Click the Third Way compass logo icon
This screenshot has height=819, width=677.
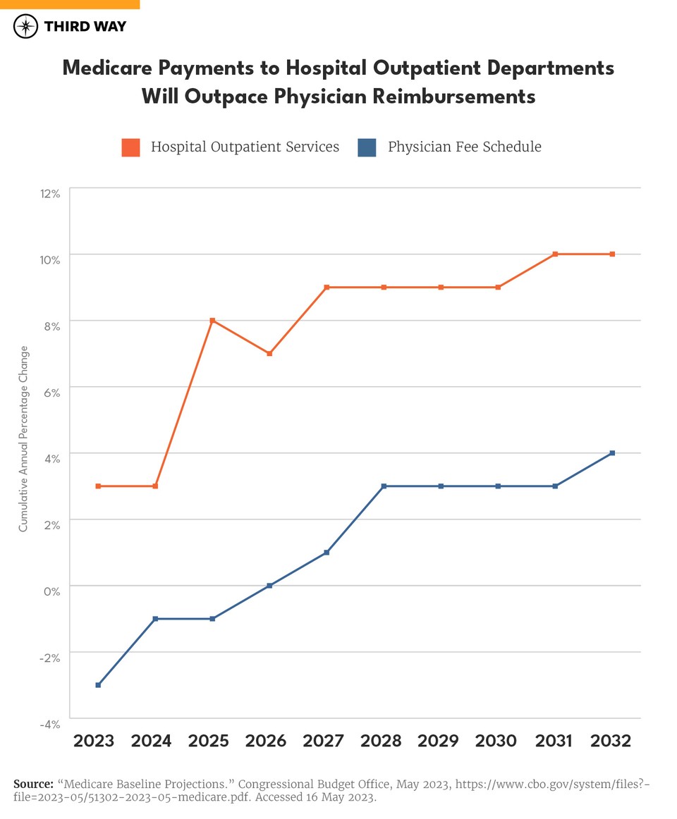tap(26, 27)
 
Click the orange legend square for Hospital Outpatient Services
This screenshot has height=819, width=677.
tap(130, 147)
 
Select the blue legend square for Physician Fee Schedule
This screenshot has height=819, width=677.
tap(367, 147)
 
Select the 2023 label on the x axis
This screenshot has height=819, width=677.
tap(94, 741)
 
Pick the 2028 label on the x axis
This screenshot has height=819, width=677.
tap(381, 741)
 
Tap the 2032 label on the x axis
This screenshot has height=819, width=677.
tap(610, 741)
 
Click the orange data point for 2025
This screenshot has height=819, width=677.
tap(212, 321)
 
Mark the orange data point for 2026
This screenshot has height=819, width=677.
tap(269, 354)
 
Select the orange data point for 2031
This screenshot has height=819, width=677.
tap(555, 254)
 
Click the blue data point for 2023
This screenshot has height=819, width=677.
tap(98, 685)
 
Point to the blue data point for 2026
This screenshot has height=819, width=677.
tap(269, 586)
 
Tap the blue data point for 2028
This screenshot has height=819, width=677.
tap(384, 486)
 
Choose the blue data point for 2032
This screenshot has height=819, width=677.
tap(612, 453)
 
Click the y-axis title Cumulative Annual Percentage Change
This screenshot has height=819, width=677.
tap(23, 438)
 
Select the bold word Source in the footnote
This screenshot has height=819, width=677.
tap(32, 784)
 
